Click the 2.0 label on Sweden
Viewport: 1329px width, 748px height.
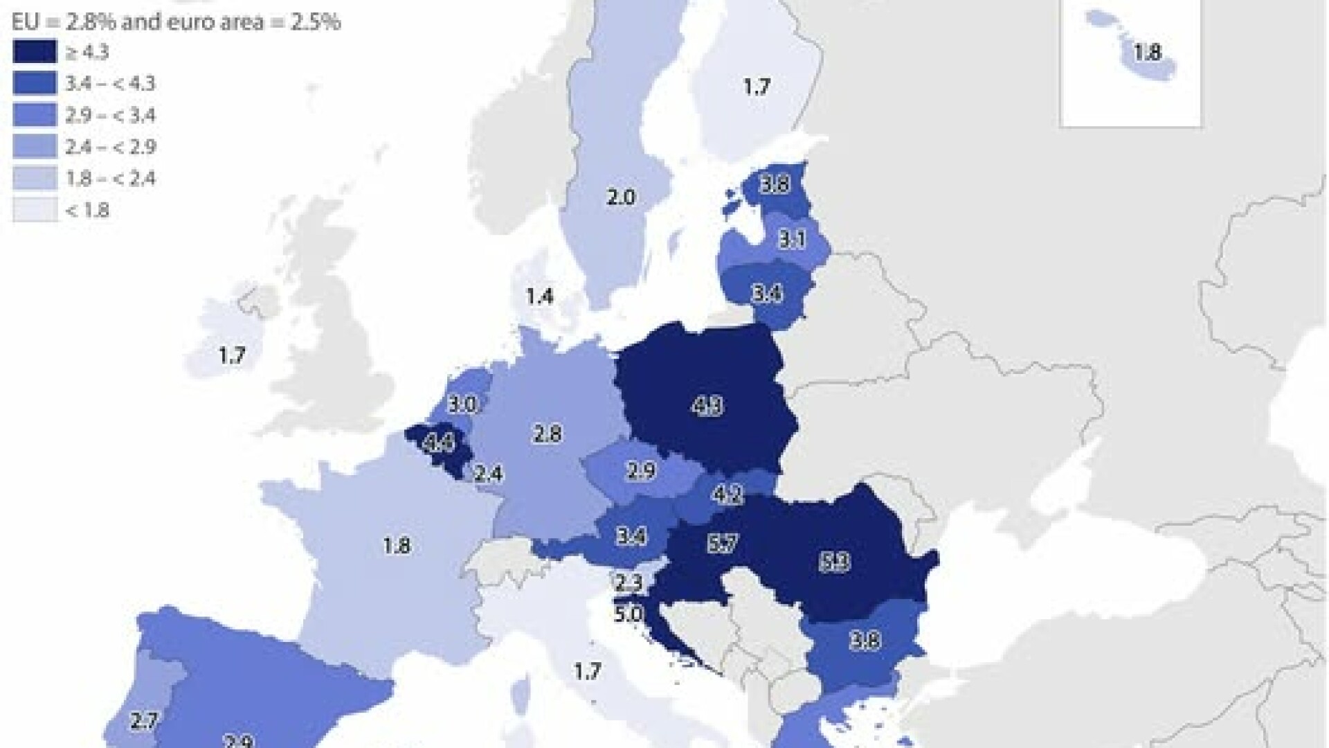pyautogui.click(x=620, y=198)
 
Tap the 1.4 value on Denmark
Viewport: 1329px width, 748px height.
pyautogui.click(x=540, y=296)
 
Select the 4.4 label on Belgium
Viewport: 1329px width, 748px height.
pyautogui.click(x=439, y=442)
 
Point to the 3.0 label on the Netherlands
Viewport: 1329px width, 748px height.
pyautogui.click(x=462, y=404)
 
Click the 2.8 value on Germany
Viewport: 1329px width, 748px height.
pyautogui.click(x=547, y=434)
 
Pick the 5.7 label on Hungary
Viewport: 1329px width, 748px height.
pyautogui.click(x=722, y=544)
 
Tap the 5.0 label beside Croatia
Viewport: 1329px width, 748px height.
pyautogui.click(x=627, y=614)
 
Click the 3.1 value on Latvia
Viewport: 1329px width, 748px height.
pyautogui.click(x=791, y=240)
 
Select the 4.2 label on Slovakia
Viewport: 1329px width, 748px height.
pyautogui.click(x=727, y=495)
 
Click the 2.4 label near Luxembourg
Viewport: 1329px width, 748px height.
pyautogui.click(x=488, y=474)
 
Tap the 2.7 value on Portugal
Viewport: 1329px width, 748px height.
pyautogui.click(x=144, y=721)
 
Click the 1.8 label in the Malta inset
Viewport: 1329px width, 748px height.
pyautogui.click(x=1148, y=53)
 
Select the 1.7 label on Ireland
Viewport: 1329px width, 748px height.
pyautogui.click(x=233, y=356)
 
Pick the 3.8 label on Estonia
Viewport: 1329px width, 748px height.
pyautogui.click(x=774, y=186)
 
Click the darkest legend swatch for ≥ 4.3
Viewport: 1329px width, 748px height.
pyautogui.click(x=35, y=52)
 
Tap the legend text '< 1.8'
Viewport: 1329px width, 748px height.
pyautogui.click(x=88, y=211)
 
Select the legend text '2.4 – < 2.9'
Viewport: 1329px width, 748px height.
pyautogui.click(x=110, y=147)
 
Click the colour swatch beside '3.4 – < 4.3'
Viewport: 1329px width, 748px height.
pyautogui.click(x=35, y=84)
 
